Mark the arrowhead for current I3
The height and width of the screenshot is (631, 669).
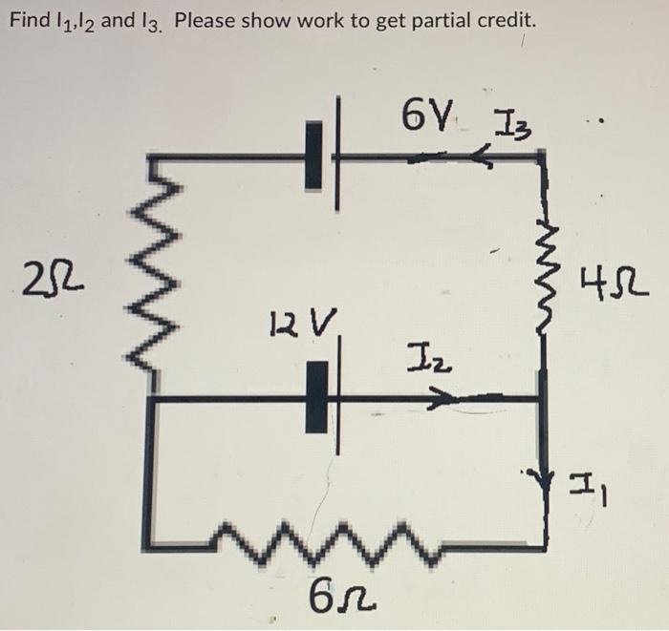(486, 159)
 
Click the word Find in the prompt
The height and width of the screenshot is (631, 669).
(29, 20)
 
